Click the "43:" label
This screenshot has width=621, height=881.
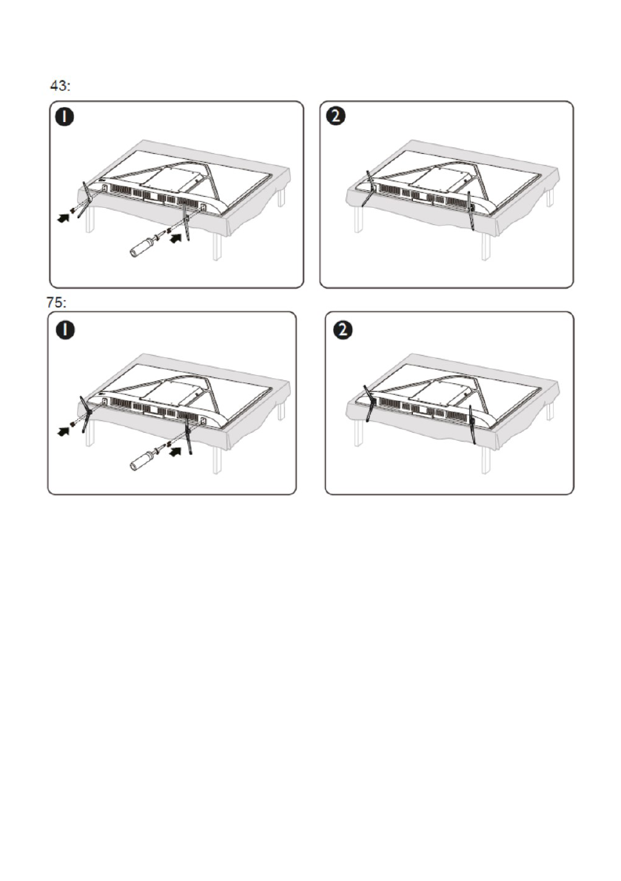[x=60, y=86]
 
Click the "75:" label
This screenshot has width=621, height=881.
[x=56, y=303]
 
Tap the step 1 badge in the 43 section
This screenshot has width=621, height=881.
[x=65, y=117]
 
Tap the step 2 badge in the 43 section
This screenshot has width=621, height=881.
[x=335, y=117]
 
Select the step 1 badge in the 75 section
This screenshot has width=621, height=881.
[x=65, y=330]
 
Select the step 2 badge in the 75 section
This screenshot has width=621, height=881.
[x=343, y=330]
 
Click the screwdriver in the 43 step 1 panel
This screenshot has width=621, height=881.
[x=146, y=246]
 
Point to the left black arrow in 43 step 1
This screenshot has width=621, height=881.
[x=64, y=217]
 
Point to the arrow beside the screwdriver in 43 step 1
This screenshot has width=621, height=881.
[x=176, y=238]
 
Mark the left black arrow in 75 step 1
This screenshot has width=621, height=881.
[x=64, y=431]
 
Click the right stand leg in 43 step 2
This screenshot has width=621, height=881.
[x=471, y=211]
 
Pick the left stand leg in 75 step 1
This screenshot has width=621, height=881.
[x=85, y=414]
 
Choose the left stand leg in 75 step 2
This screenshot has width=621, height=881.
[x=368, y=403]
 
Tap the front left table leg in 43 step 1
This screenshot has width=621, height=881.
[x=89, y=221]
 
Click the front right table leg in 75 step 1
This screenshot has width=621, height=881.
[x=216, y=462]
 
